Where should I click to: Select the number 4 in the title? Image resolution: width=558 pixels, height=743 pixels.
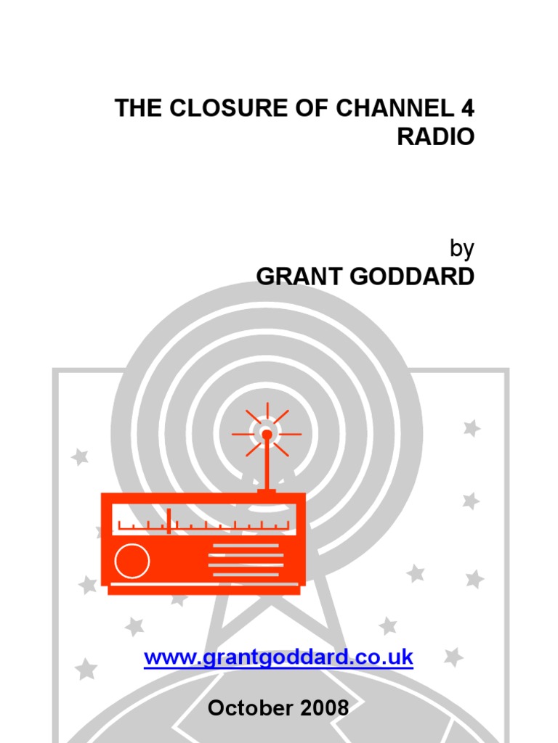click(467, 108)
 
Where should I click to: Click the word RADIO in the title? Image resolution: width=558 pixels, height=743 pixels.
click(435, 136)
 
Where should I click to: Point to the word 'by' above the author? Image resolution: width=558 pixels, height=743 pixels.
click(462, 249)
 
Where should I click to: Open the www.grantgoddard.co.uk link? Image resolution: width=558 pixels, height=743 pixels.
click(278, 658)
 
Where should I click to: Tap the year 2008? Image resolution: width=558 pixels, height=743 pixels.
click(323, 707)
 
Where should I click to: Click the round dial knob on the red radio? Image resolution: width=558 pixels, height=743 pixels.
click(132, 561)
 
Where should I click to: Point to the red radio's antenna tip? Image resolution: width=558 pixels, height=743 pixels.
click(267, 435)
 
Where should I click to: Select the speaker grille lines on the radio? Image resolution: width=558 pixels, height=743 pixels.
click(246, 560)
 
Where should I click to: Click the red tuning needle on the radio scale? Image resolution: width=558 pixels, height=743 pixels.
click(169, 521)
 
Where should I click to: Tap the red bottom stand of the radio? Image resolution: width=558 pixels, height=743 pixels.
click(203, 590)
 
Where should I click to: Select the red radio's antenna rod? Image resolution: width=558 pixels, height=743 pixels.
click(267, 464)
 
